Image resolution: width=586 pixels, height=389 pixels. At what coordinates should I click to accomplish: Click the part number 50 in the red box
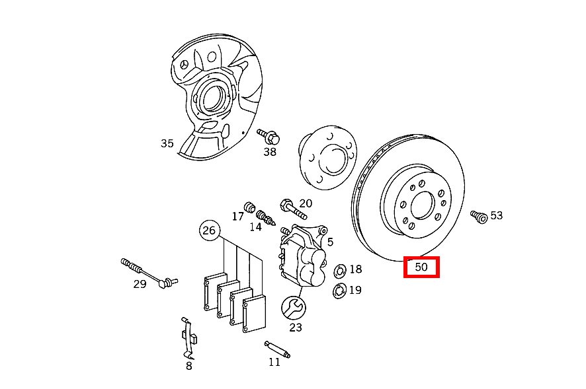point(421,267)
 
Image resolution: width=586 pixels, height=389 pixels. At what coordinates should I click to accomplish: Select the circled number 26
point(209,230)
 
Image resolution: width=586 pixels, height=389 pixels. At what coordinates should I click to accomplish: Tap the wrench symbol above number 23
point(293,306)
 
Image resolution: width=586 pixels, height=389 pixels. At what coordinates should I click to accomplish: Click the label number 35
point(167,143)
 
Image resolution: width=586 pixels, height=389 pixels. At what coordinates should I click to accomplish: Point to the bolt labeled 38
point(269,136)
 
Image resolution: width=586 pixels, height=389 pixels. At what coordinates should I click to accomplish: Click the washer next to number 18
point(340,270)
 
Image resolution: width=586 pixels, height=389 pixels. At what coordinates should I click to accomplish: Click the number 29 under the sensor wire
point(140,284)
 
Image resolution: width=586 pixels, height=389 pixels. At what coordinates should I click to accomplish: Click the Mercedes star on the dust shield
point(184,65)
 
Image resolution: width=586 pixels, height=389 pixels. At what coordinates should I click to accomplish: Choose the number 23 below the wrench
point(295,326)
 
